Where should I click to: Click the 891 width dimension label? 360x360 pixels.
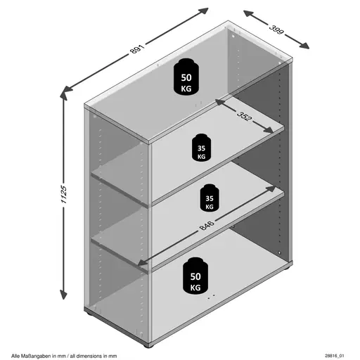137,49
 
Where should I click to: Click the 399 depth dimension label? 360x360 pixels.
276,29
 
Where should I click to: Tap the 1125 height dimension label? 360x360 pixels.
64,194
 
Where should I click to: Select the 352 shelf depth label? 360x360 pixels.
245,116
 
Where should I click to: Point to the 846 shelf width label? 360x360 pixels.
207,225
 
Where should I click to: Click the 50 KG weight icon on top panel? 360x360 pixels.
186,77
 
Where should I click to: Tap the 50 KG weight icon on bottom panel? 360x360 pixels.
195,276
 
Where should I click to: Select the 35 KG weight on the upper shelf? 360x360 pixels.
201,148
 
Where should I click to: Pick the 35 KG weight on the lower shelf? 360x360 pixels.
210,198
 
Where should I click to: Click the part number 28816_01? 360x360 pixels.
335,356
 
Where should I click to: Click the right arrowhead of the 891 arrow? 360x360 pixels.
203,11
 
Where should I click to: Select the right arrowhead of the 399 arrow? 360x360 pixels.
304,46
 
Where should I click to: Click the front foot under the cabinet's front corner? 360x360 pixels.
147,345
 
